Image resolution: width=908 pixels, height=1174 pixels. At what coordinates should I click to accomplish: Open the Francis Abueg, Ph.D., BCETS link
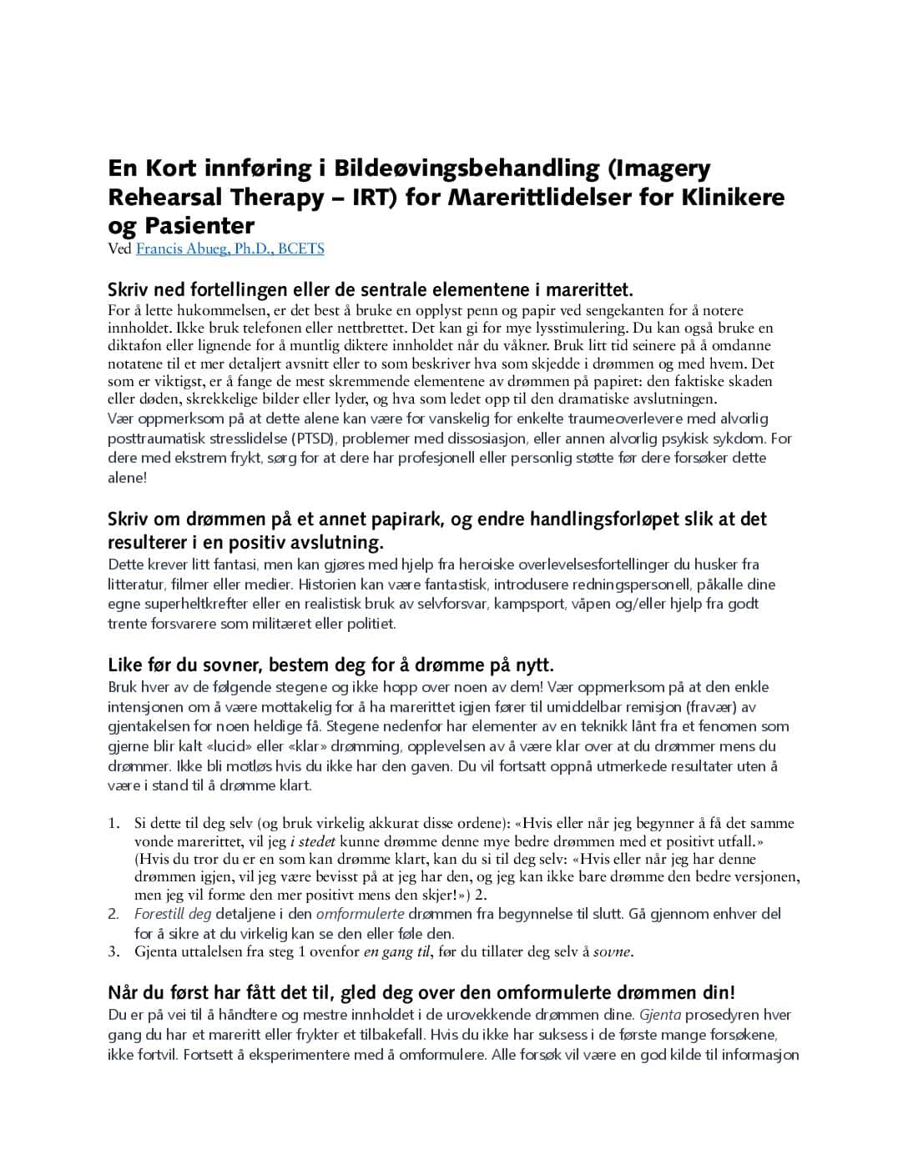tap(230, 248)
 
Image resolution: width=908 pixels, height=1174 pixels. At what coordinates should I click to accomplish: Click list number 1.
tap(113, 823)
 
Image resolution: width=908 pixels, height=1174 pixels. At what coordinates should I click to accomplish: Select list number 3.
tap(113, 951)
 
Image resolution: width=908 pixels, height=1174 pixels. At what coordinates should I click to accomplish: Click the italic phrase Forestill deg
tap(173, 914)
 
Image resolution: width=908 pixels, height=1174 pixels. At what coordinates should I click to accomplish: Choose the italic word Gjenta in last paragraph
tap(660, 1015)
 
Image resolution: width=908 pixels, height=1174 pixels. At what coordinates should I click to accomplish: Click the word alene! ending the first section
tap(127, 478)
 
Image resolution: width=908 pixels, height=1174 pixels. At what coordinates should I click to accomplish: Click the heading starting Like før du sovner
tap(330, 665)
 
